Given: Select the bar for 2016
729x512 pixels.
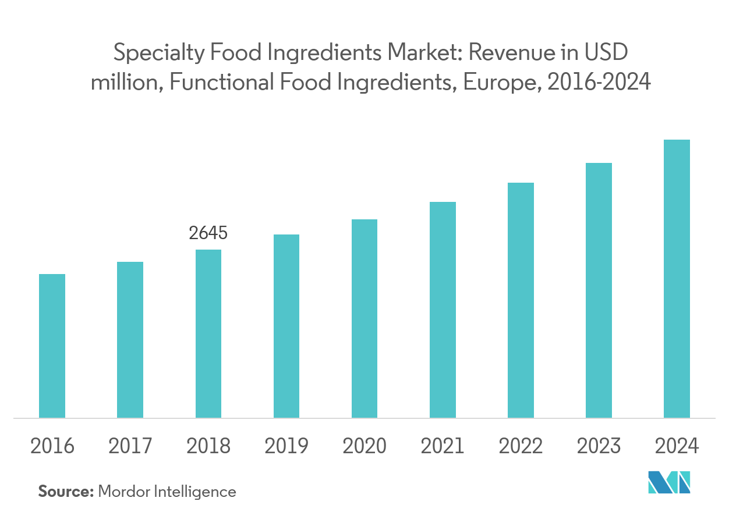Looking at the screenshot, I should pyautogui.click(x=52, y=346).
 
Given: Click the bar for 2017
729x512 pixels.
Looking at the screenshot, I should pyautogui.click(x=130, y=340).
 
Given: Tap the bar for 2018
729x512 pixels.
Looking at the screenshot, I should pyautogui.click(x=208, y=333).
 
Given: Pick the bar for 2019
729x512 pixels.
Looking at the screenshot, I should pyautogui.click(x=286, y=326).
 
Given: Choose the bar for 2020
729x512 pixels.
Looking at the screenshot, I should pyautogui.click(x=364, y=318).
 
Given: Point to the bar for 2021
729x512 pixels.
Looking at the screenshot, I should pyautogui.click(x=443, y=310).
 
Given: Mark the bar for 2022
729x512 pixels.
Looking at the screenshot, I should pyautogui.click(x=521, y=300).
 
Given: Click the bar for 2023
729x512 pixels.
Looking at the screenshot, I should pyautogui.click(x=599, y=290).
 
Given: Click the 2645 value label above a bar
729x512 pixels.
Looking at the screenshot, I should pyautogui.click(x=208, y=233).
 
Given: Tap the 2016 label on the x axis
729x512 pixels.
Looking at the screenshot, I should pyautogui.click(x=52, y=446).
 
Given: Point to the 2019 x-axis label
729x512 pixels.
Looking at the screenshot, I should pyautogui.click(x=286, y=446).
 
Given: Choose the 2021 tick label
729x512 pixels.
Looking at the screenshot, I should pyautogui.click(x=443, y=446).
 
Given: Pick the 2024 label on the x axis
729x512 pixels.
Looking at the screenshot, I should pyautogui.click(x=677, y=446).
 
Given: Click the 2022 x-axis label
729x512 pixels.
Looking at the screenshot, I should pyautogui.click(x=521, y=446).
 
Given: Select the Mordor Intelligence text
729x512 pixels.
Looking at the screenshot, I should pyautogui.click(x=167, y=492).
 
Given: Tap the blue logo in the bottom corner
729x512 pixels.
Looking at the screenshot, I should pyautogui.click(x=669, y=483).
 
